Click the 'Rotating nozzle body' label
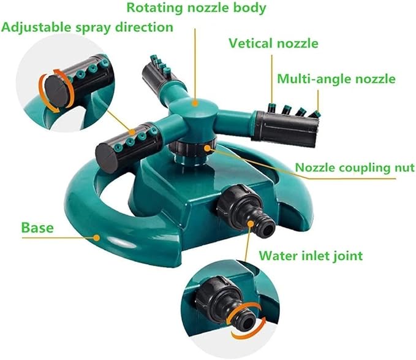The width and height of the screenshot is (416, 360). coord(196,8)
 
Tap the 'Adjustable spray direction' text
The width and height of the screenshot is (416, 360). coord(87,28)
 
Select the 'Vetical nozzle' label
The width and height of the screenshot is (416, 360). coord(273,43)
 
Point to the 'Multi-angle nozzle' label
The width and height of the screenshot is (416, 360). coord(336,79)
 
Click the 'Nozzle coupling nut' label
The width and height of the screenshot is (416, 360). coord(355,167)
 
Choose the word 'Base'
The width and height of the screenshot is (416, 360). coord(37,228)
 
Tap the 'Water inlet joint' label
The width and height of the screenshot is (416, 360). coord(311,255)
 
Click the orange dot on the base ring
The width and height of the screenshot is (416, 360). coord(97,237)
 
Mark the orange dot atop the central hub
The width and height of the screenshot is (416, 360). coord(195,103)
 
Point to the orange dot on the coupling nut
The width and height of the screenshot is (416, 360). coord(207,148)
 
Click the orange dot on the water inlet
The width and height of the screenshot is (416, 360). coord(250,223)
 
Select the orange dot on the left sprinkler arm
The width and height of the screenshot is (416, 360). coord(132,132)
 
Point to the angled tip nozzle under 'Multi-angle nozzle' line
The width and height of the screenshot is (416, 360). coord(315,115)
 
